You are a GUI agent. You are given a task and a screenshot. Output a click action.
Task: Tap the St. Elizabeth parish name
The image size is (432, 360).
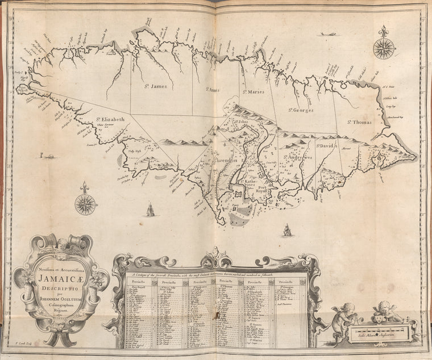pyautogui.click(x=110, y=120)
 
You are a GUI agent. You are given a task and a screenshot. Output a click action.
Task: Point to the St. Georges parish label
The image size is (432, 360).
pyautogui.click(x=300, y=110)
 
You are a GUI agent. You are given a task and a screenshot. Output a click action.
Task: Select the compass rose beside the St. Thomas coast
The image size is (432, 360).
pyautogui.click(x=384, y=46)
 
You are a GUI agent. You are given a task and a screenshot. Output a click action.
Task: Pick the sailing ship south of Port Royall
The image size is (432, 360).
pyautogui.click(x=288, y=230)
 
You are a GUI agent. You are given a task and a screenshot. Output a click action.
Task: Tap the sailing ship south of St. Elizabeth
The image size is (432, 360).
pyautogui.click(x=150, y=210)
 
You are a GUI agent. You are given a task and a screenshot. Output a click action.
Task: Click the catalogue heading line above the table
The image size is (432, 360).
pyautogui.click(x=215, y=274)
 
